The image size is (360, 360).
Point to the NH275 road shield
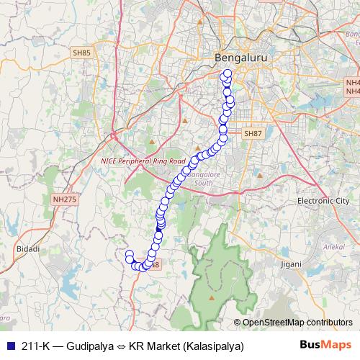tap(63, 199)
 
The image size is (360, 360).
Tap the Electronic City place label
tap(323, 201)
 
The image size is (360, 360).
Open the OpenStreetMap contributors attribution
tap(297, 322)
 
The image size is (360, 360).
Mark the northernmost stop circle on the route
tap(228, 73)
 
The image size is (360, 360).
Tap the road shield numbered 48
tap(156, 265)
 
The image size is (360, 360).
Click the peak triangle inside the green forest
tap(212, 296)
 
